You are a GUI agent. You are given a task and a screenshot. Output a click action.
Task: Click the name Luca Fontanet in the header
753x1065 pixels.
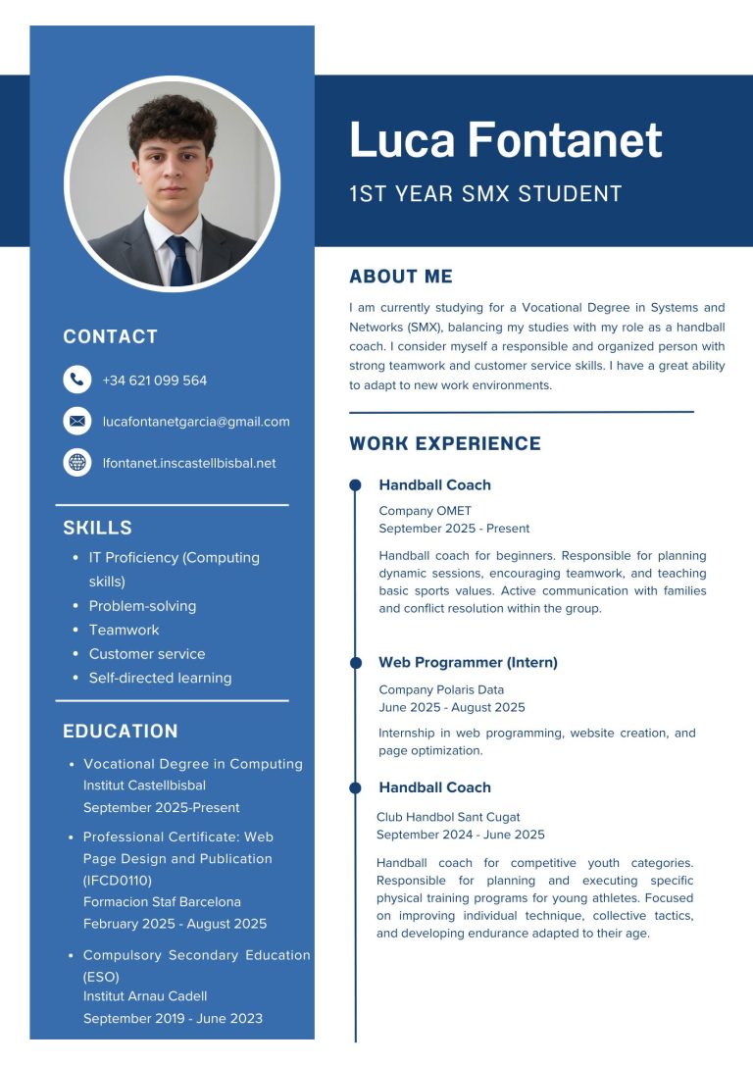tap(506, 140)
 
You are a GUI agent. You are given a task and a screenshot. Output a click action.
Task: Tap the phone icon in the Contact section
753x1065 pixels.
tap(76, 380)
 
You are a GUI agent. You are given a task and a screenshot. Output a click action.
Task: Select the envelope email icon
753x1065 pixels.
tap(76, 421)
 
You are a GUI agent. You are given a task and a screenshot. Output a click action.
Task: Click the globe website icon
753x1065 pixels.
tap(76, 462)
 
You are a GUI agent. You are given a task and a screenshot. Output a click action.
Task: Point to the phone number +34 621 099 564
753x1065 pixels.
tap(154, 380)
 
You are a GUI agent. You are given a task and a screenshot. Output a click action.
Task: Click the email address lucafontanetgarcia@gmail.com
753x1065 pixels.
tap(196, 422)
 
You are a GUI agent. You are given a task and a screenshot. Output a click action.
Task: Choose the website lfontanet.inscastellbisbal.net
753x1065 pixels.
tap(189, 463)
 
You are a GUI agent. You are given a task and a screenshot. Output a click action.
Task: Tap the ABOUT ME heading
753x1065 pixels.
tap(401, 277)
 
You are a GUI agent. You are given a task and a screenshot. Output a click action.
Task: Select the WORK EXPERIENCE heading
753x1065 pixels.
tap(445, 443)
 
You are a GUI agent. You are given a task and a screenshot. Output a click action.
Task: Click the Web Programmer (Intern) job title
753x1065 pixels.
tap(468, 663)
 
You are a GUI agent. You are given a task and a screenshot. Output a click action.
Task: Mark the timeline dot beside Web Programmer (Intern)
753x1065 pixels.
tap(355, 663)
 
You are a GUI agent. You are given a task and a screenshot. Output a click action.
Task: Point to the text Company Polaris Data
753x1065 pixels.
tap(441, 689)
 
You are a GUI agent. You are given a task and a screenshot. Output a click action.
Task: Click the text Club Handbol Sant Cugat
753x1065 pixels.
tap(448, 817)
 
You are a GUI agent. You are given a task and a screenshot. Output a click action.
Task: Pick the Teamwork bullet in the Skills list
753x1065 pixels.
tap(124, 630)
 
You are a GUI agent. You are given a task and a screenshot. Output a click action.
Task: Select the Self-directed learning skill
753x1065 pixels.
tap(160, 678)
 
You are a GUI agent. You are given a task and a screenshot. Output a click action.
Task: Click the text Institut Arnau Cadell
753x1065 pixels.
tap(145, 996)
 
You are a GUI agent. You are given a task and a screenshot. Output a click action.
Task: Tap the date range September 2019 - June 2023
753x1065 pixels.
tap(173, 1018)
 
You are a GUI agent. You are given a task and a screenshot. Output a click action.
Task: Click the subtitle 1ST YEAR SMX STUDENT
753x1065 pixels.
tap(485, 194)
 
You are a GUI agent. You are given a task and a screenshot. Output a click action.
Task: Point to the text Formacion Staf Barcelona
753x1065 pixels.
tap(162, 901)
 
